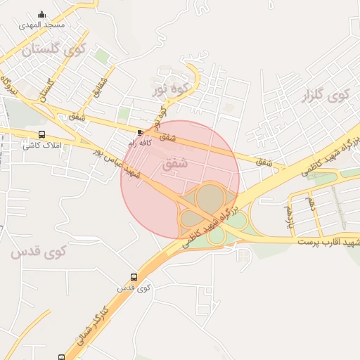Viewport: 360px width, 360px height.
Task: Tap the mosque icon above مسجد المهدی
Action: coord(42,14)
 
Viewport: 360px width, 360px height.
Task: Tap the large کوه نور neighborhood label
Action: coord(172,89)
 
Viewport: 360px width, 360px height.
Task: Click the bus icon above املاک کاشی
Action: coord(42,134)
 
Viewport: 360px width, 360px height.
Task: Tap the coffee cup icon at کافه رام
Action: coord(141,132)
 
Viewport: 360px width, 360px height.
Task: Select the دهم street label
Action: coord(310,203)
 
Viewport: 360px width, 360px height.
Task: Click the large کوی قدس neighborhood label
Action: coord(38,251)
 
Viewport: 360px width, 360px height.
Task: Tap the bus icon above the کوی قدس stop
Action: coord(134,277)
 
